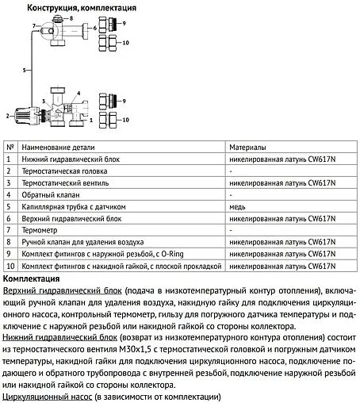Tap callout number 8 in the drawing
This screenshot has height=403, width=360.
(71, 17)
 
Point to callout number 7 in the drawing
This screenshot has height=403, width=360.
(33, 26)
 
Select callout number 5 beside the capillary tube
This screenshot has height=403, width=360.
(25, 71)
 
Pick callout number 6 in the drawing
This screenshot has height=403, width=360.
(95, 29)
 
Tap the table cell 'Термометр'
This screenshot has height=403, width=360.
(44, 228)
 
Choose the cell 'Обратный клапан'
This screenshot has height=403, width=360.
(53, 194)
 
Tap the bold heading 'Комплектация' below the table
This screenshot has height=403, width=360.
(33, 279)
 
